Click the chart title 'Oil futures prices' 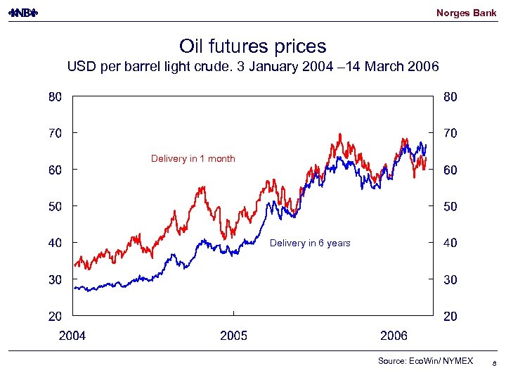tap(253, 46)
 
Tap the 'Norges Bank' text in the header tap(466, 13)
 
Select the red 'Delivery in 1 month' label tap(193, 158)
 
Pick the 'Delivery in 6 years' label tap(310, 243)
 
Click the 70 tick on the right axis tap(450, 132)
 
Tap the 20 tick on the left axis tap(54, 316)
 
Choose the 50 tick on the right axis tap(450, 206)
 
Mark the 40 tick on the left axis tap(54, 243)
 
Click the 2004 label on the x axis tap(72, 336)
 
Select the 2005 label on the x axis tap(233, 336)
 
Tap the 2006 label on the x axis tap(394, 336)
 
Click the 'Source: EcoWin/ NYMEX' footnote tap(426, 361)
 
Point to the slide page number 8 tap(495, 364)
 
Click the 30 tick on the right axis tap(450, 279)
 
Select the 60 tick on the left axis tap(54, 170)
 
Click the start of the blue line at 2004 tap(75, 287)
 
